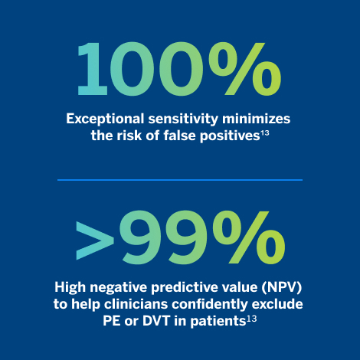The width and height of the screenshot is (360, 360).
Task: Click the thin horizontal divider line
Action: pyautogui.click(x=180, y=179)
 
